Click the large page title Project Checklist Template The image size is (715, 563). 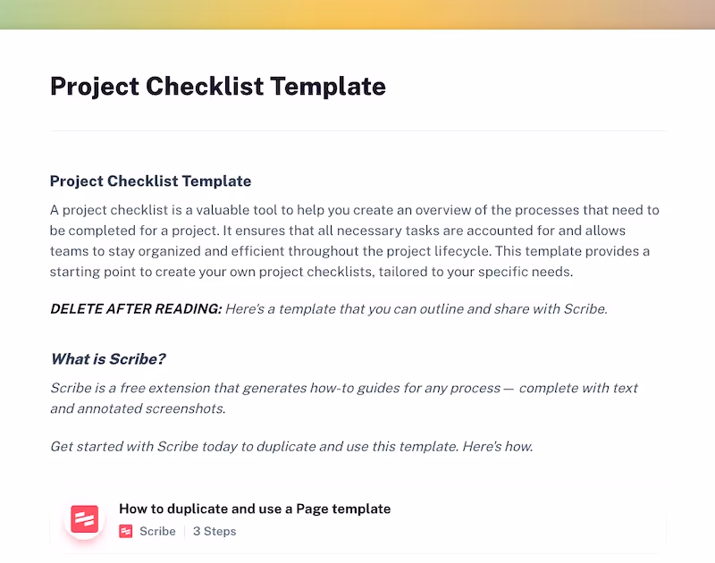(x=218, y=87)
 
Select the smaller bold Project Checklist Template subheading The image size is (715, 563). (x=150, y=181)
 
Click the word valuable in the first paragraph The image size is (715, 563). (x=240, y=210)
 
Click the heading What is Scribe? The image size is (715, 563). (x=108, y=359)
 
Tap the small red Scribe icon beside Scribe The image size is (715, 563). (x=126, y=531)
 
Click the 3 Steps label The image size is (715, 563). (x=214, y=531)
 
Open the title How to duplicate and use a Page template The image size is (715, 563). (x=255, y=508)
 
